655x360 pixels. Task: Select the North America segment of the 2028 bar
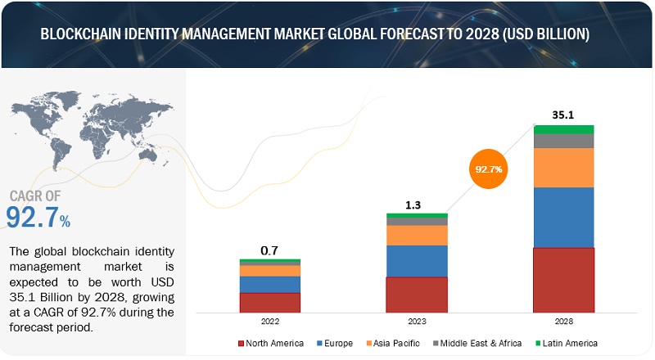click(x=563, y=280)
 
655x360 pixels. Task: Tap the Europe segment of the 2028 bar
click(x=563, y=217)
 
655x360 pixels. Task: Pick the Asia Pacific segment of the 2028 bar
click(x=563, y=168)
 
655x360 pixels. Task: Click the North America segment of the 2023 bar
click(x=417, y=295)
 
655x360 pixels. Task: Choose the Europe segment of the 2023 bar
click(x=417, y=261)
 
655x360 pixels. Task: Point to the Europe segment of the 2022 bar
click(x=270, y=284)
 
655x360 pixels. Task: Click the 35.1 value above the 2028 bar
click(x=563, y=115)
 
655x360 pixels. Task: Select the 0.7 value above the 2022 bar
click(x=270, y=249)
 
